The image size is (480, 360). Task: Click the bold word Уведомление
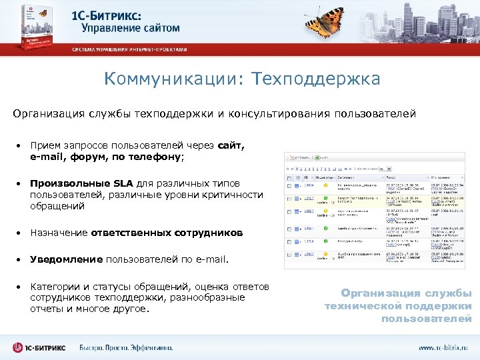(x=66, y=258)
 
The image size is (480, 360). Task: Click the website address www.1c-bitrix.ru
(x=443, y=348)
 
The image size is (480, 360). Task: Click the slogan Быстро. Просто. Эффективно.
(x=126, y=347)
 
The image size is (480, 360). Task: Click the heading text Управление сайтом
(x=130, y=28)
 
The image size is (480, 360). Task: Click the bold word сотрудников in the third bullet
(x=206, y=233)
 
